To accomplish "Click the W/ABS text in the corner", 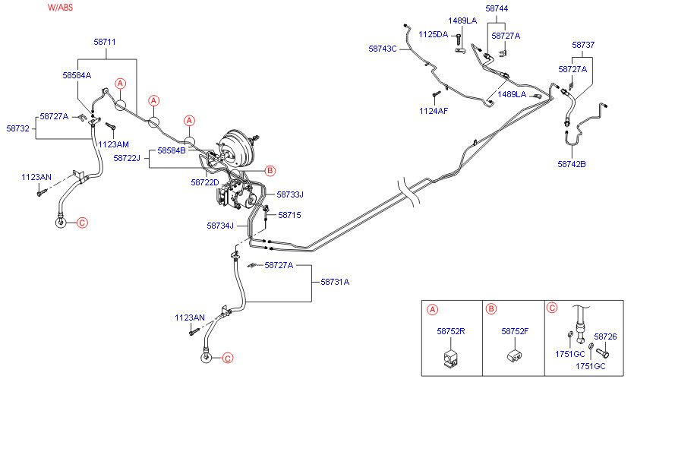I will click(60, 7).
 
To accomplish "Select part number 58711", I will click(105, 42).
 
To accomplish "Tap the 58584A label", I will click(77, 75).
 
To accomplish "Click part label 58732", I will click(17, 129).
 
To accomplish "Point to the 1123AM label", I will click(113, 144).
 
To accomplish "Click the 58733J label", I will click(290, 194).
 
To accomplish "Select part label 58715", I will click(289, 215).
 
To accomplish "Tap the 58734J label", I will click(221, 226).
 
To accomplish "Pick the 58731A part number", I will click(335, 282).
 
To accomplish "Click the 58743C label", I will click(383, 49).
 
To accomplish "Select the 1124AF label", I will click(434, 111).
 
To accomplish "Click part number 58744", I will click(497, 8).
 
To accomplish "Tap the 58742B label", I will click(572, 163).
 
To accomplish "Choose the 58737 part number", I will click(583, 45).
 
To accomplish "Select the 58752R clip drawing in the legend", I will click(451, 357).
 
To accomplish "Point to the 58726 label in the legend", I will click(605, 337).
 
